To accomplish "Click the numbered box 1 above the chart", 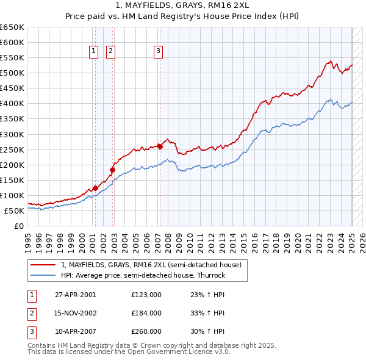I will pos(95,52).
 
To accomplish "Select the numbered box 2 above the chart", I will pos(110,52).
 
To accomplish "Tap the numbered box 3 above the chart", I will pos(158,52).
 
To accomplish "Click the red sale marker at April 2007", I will pos(159,146).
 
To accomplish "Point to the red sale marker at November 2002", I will pos(112,170).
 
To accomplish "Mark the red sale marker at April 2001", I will pos(95,188).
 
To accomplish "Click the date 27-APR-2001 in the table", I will pos(76,295).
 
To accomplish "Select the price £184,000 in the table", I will pos(146,313).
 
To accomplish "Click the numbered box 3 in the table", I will pos(31,331).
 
